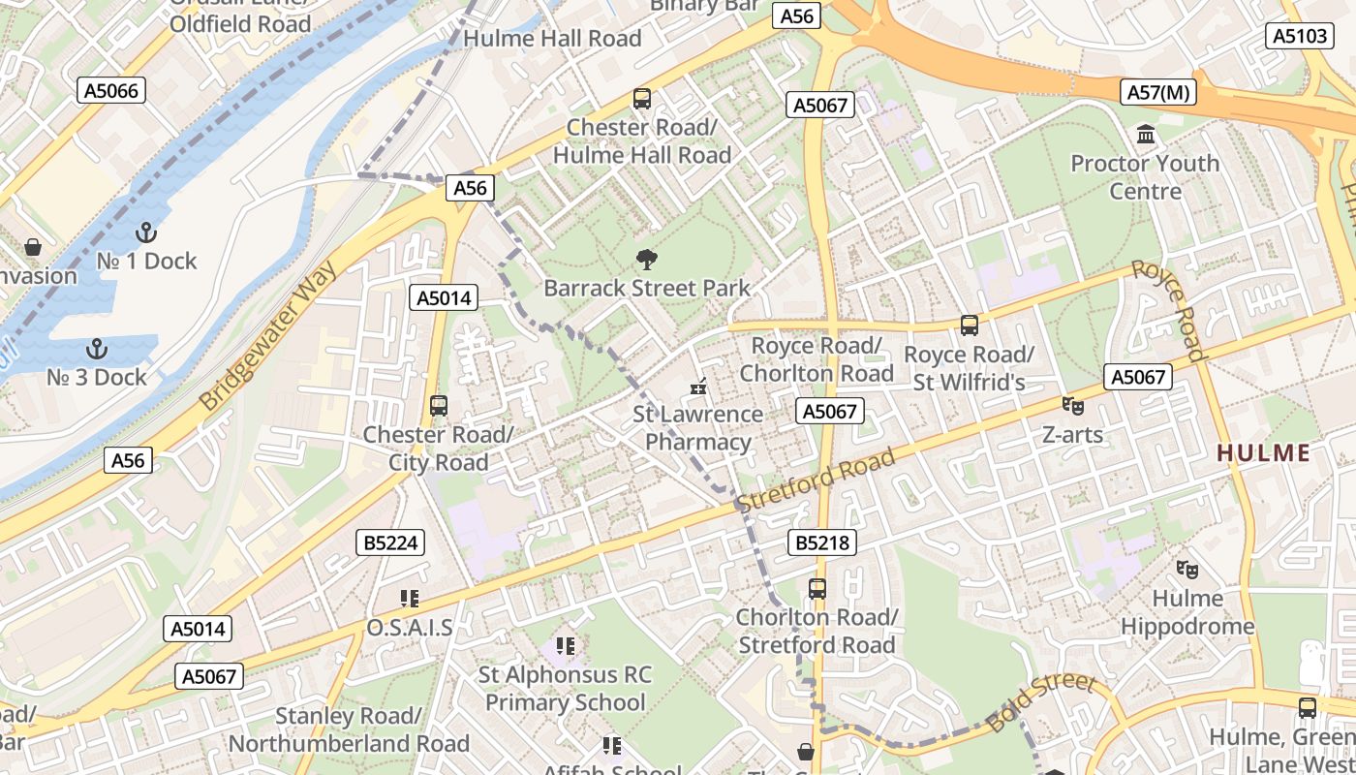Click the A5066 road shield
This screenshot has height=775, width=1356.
click(111, 91)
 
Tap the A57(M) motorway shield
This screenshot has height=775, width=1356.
click(1158, 93)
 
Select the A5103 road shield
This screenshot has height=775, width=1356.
click(1299, 36)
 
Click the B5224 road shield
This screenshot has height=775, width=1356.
click(391, 542)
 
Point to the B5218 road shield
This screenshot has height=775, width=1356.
click(823, 542)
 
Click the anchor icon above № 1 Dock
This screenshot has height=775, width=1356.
click(146, 232)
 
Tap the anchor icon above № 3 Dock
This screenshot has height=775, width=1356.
click(97, 349)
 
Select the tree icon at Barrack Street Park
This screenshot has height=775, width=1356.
click(646, 260)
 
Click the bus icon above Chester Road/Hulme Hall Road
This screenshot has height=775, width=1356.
click(642, 98)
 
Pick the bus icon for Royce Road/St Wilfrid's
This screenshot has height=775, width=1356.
click(969, 325)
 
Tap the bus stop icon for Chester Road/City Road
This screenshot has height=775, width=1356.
click(439, 406)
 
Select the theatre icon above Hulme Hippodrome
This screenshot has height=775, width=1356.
click(1186, 570)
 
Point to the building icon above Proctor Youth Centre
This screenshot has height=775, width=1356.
click(1146, 134)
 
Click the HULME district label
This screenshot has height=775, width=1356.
click(1263, 452)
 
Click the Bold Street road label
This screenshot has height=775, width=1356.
click(1041, 703)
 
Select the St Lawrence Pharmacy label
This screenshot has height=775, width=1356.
click(697, 428)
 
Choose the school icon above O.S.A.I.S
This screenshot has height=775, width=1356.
click(409, 599)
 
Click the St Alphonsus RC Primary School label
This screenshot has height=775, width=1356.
click(566, 688)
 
